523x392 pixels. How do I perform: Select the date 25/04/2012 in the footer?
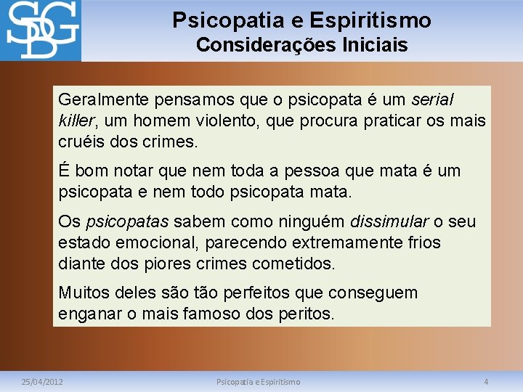[x=42, y=381]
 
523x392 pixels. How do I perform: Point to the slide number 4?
[x=486, y=381]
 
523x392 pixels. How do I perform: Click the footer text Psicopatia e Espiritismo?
[x=259, y=381]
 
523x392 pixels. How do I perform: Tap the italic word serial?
[x=432, y=99]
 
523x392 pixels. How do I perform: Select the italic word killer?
[x=75, y=120]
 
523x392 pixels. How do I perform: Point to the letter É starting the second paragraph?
[x=64, y=171]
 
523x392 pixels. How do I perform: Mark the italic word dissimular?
[x=389, y=221]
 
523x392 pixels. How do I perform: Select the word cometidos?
[x=292, y=263]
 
